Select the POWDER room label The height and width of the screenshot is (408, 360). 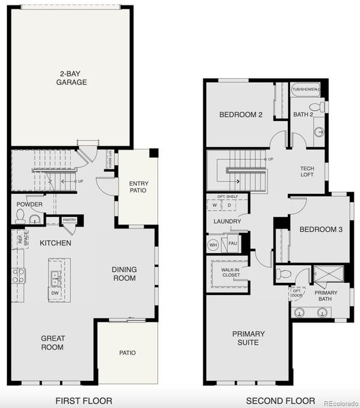click(x=29, y=204)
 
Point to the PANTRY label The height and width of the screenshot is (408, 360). click(x=69, y=220)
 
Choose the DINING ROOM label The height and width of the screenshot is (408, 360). click(x=125, y=273)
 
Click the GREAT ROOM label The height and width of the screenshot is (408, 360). click(x=52, y=342)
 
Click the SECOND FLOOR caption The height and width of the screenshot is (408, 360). click(x=280, y=401)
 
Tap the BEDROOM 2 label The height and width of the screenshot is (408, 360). click(x=241, y=115)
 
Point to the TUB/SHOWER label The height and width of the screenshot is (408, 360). click(x=306, y=89)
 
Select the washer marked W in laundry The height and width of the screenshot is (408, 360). click(x=215, y=204)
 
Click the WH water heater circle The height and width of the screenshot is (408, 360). click(x=213, y=243)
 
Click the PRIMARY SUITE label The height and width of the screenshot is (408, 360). click(x=248, y=338)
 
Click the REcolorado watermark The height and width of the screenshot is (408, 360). click(x=336, y=401)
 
